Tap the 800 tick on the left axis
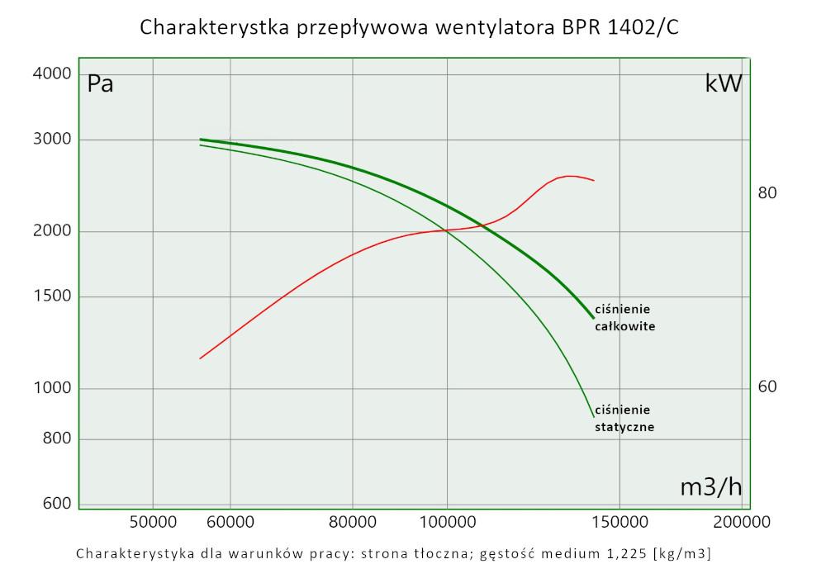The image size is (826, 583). click(x=58, y=438)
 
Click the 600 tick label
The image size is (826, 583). click(x=58, y=503)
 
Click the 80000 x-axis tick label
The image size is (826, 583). click(x=353, y=522)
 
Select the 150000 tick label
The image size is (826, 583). click(x=619, y=522)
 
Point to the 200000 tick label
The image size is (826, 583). click(x=742, y=522)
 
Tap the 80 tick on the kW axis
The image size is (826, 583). click(x=767, y=193)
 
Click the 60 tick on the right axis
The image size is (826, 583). click(x=767, y=386)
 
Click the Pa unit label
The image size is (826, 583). click(x=101, y=83)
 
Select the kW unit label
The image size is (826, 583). click(x=724, y=83)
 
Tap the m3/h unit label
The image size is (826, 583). click(x=710, y=487)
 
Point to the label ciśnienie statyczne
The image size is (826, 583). click(x=624, y=419)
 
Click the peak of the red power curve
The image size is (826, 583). click(x=569, y=176)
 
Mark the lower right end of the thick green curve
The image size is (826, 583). click(x=593, y=317)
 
